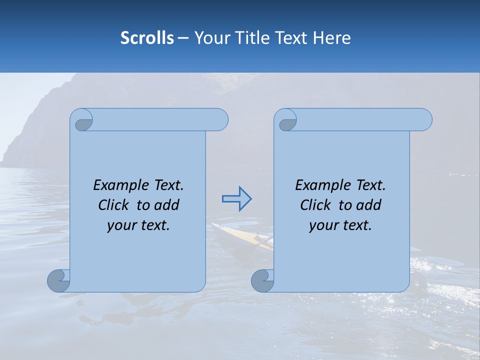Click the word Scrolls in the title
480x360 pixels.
point(147,38)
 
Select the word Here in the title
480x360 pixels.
point(332,38)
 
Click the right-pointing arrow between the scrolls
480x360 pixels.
point(236,199)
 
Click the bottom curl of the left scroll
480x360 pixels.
point(58,280)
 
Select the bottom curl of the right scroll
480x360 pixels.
point(262,280)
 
